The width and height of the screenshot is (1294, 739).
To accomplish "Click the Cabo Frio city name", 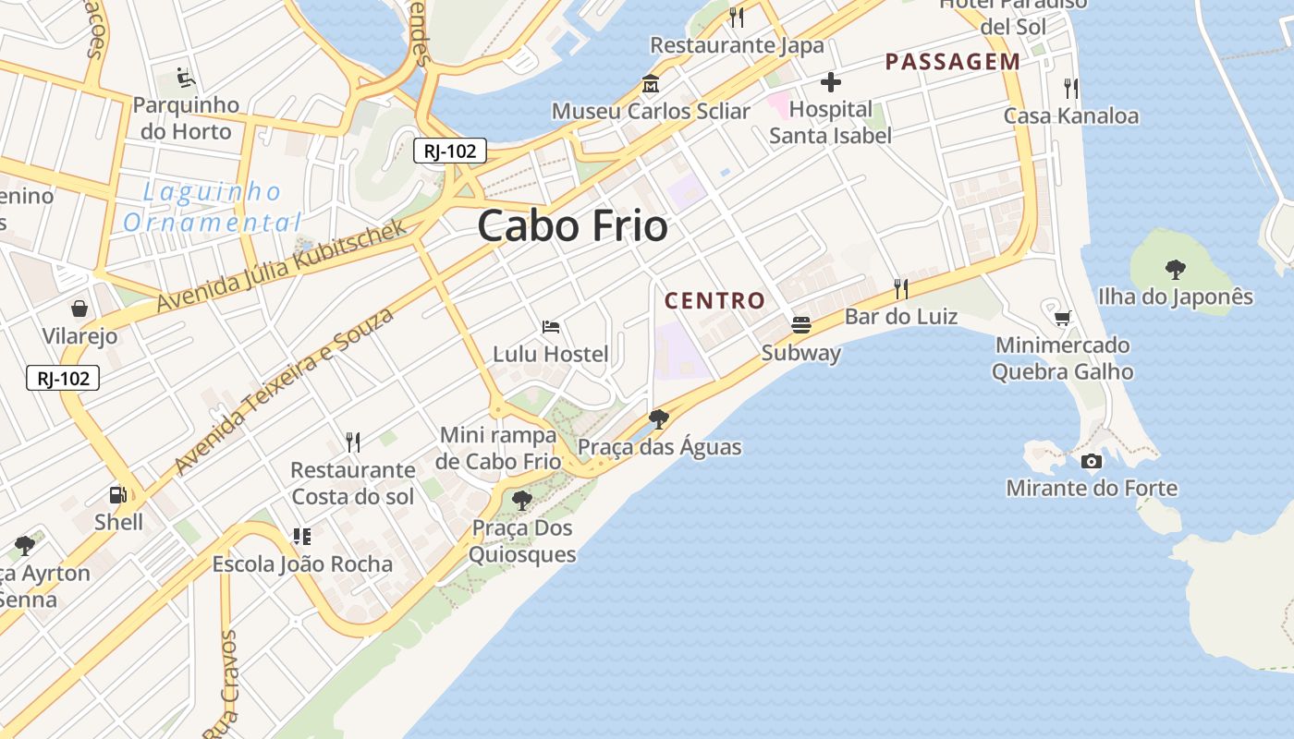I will [x=572, y=226].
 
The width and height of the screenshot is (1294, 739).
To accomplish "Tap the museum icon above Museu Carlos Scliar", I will [x=651, y=83].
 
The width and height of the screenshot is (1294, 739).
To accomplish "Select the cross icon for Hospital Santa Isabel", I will [x=830, y=82].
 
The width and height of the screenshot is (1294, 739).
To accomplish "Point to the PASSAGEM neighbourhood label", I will [x=952, y=62].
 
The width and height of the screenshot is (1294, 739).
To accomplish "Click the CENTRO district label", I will [x=714, y=300].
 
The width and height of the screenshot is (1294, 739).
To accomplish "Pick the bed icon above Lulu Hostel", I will [x=551, y=327].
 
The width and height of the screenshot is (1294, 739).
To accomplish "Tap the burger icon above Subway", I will [x=800, y=325].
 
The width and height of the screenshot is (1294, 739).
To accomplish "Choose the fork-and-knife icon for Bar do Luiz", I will [x=901, y=289].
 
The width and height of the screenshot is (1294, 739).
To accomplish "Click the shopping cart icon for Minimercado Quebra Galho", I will [x=1063, y=318].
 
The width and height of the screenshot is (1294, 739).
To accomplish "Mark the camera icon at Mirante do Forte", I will [x=1092, y=461].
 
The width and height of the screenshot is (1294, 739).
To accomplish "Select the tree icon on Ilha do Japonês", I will [x=1176, y=270].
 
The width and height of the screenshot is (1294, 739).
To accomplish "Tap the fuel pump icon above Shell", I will [x=118, y=495].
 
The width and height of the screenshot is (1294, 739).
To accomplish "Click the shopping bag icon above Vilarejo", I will [x=79, y=308].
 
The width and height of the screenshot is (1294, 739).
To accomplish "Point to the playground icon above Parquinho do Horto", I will [x=186, y=77].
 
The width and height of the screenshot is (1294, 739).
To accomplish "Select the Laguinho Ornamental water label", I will [x=212, y=208].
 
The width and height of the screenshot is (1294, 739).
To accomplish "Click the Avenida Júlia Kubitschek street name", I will [x=281, y=265].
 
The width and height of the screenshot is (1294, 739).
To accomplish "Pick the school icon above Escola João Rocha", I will [x=301, y=536].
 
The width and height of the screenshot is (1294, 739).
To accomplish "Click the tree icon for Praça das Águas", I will [x=659, y=419].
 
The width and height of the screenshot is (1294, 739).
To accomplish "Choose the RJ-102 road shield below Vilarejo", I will [x=63, y=378].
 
